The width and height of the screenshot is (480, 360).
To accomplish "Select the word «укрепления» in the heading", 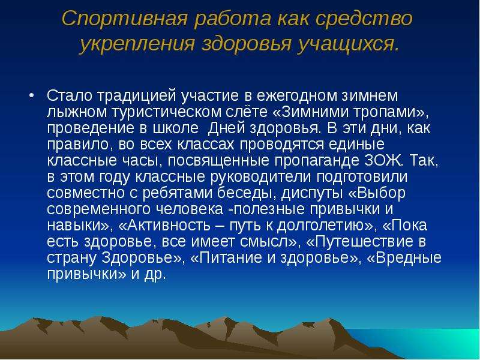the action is [x=137, y=44].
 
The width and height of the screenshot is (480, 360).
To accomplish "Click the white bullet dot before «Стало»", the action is [x=31, y=95].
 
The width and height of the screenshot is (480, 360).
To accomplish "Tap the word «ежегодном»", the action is [x=296, y=95].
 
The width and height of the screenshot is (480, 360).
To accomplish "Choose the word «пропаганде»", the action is [x=317, y=161].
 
